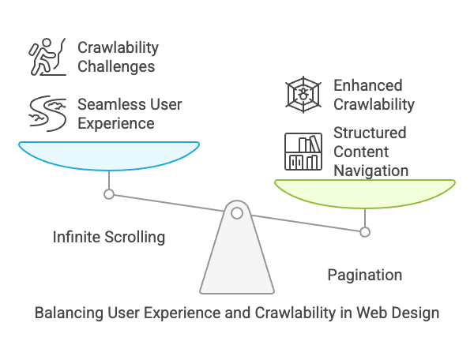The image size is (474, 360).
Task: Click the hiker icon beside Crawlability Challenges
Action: pos(47,57)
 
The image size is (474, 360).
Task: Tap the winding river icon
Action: pos(47,114)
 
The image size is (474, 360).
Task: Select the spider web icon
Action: pos(303,95)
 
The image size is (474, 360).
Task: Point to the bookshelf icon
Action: pos(303,152)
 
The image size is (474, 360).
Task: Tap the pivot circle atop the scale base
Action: pos(237,213)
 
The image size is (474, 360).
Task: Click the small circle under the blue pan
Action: pos(109,194)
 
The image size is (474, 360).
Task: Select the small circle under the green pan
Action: pos(365,232)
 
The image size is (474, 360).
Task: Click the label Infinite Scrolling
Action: pos(109,237)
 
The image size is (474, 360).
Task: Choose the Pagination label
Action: pos(365,276)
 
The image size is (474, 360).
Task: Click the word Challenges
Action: pos(116,67)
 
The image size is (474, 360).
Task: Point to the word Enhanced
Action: pos(368,85)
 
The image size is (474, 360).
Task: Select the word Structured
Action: pos(370,133)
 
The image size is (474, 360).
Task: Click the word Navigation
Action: pos(371,171)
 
